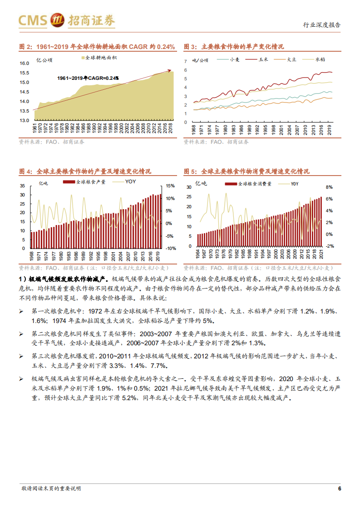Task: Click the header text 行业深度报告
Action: coord(321,25)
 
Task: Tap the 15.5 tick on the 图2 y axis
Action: coord(25,73)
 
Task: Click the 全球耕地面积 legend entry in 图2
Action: coord(99,58)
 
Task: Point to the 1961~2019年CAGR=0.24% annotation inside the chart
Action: coord(88,78)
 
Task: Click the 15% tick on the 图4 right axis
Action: coord(171,186)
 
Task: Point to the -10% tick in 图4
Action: coord(171,249)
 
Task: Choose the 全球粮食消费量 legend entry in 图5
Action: coord(255,184)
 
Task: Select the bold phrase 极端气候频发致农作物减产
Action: coord(68,278)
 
